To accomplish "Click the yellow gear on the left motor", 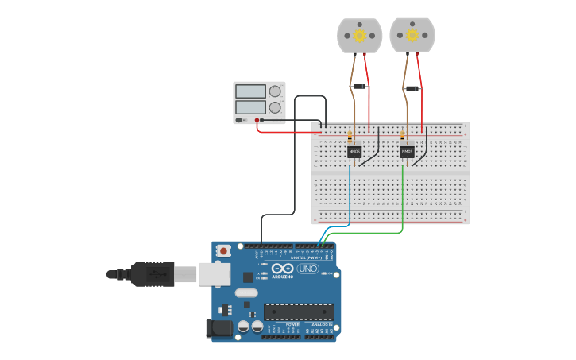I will tap(359, 35).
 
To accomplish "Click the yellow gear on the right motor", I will tap(412, 35).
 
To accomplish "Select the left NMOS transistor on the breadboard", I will tap(354, 151).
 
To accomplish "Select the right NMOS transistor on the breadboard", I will tap(407, 151).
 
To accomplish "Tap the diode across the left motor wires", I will tap(359, 87).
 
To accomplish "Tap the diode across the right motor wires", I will tap(412, 89).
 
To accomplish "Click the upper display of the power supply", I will tap(250, 91).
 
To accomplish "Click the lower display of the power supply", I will tap(250, 107).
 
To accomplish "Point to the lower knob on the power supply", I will tap(275, 107).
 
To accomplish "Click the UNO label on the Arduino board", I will tap(307, 269).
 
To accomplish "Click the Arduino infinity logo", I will tap(283, 269).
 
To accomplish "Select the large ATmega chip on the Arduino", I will tap(298, 312).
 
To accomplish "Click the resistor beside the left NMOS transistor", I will tap(350, 137).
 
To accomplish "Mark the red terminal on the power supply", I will tap(257, 120).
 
